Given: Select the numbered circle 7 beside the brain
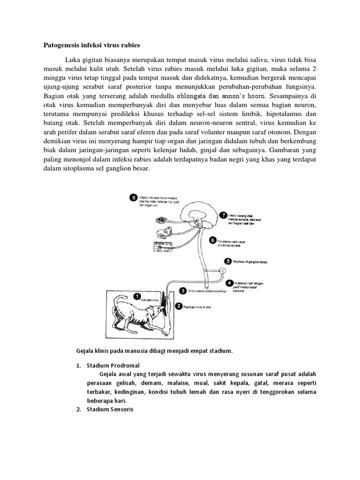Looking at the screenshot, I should (223, 214).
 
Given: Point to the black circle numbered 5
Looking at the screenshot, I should (228, 261).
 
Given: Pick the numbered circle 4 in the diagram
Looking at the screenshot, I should (230, 283).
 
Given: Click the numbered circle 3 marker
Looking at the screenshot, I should (182, 291).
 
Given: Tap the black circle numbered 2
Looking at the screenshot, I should (178, 306).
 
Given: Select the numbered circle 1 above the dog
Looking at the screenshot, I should (137, 296).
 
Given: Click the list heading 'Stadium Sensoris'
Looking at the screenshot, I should (109, 409).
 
